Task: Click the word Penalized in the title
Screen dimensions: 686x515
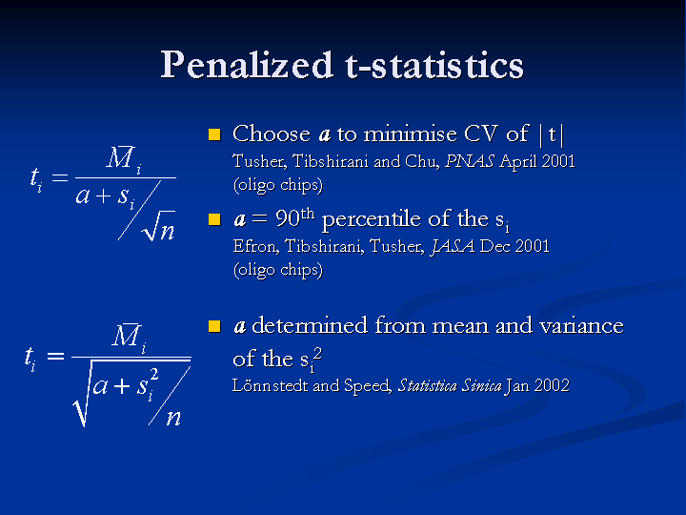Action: (247, 65)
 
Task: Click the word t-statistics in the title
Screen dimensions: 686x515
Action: (434, 65)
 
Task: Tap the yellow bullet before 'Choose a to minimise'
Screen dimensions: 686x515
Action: (214, 134)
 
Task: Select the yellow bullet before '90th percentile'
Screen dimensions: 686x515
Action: (214, 219)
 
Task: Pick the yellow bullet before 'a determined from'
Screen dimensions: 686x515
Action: (214, 326)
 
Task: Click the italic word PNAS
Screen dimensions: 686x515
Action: (470, 161)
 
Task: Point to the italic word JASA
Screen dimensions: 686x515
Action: (453, 247)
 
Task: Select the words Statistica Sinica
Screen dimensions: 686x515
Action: (450, 385)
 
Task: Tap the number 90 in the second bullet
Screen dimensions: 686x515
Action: (288, 218)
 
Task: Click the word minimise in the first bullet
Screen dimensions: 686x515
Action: (410, 134)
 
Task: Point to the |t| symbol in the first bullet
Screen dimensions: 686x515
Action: (552, 134)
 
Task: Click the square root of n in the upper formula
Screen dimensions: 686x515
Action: (159, 226)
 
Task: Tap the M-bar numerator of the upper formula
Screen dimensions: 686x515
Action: (124, 158)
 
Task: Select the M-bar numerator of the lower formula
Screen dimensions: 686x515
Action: (129, 337)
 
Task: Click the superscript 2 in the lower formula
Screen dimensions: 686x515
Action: (153, 375)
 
